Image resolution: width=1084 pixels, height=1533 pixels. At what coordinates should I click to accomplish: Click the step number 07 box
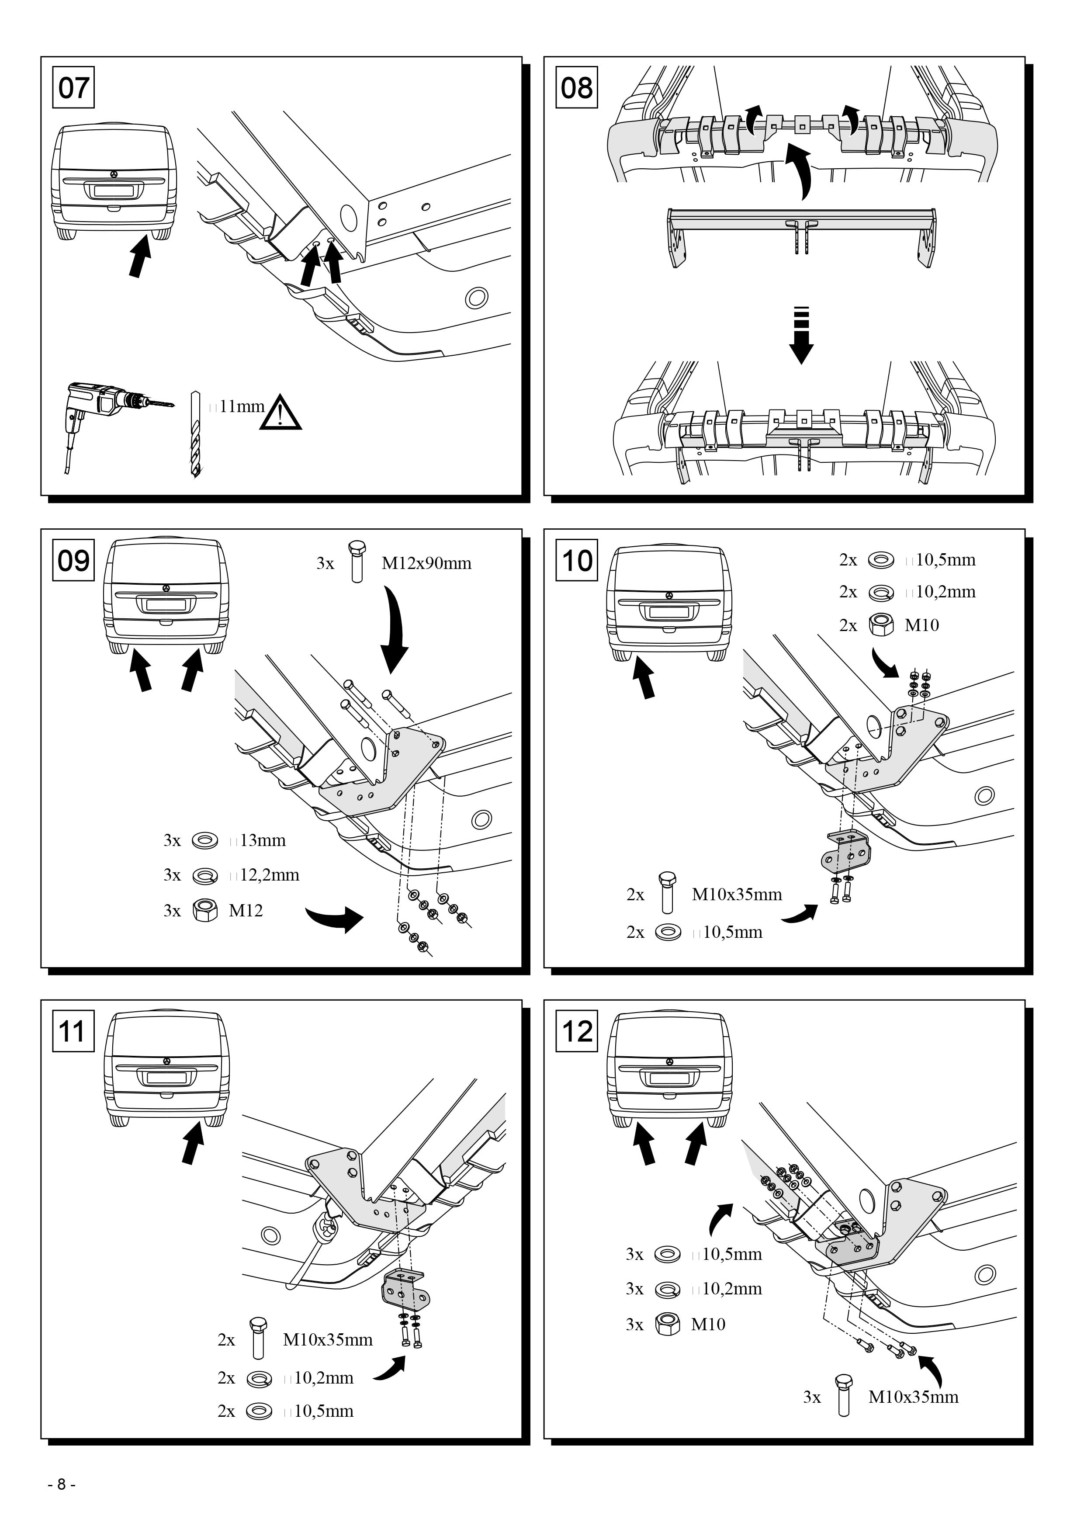73,87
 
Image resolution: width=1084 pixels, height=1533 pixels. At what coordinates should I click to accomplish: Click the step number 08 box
577,87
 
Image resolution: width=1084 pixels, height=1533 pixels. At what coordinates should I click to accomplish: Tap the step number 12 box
577,1032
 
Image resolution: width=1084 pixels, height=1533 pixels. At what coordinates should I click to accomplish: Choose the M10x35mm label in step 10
737,894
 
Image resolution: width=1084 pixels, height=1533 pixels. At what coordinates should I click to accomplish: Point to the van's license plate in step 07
114,191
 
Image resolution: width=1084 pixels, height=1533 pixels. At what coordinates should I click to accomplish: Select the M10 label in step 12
708,1324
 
